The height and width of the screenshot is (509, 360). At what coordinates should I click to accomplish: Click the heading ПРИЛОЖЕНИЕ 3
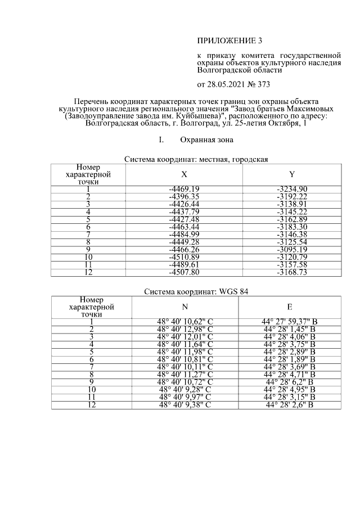[x=229, y=40]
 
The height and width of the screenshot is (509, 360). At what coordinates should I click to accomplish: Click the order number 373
[x=262, y=85]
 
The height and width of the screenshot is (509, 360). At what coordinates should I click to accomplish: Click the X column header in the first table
[x=184, y=174]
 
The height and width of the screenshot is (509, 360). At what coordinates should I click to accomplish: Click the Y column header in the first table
[x=291, y=174]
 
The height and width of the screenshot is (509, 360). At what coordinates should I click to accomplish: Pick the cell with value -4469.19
[x=184, y=188]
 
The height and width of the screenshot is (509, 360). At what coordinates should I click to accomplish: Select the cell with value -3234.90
[x=291, y=188]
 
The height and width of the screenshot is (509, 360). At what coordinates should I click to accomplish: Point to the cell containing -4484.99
[x=184, y=235]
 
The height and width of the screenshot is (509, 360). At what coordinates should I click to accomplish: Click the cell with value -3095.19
[x=291, y=250]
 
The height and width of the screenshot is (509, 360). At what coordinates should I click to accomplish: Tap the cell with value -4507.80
[x=184, y=273]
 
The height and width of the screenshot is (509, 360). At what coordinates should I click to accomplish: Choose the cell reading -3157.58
[x=291, y=265]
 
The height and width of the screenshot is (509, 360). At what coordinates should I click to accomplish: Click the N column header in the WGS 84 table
[x=185, y=307]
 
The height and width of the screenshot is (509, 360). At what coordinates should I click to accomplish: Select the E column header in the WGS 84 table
[x=289, y=307]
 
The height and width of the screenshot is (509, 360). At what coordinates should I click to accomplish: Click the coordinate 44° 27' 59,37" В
[x=289, y=321]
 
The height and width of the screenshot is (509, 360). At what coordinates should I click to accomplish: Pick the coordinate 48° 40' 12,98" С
[x=185, y=329]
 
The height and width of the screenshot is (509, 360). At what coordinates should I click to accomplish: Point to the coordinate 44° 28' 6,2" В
[x=289, y=382]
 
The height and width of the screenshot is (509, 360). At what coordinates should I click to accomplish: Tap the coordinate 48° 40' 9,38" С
[x=185, y=404]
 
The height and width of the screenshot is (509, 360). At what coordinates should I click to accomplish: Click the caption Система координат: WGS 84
[x=196, y=292]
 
